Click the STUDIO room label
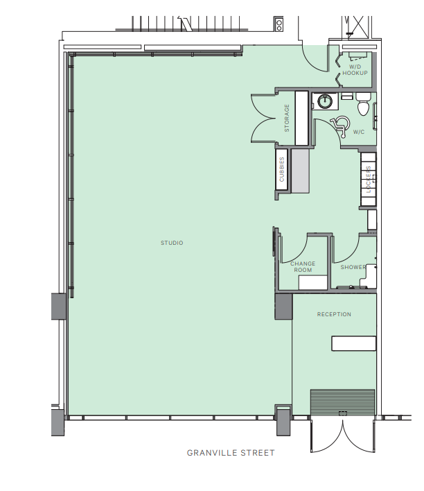[x=172, y=243]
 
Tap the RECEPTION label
[x=334, y=314]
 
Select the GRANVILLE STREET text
[x=231, y=453]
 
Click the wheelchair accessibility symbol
[x=339, y=125]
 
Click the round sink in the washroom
[x=324, y=102]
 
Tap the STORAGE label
[x=287, y=119]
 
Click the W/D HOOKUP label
[x=354, y=69]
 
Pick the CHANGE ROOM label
[x=303, y=266]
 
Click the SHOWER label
[x=353, y=267]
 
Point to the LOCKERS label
[x=369, y=179]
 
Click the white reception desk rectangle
[x=353, y=343]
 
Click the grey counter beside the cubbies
[x=300, y=171]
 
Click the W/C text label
[x=359, y=132]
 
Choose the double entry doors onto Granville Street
[x=342, y=435]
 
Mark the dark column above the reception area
[x=283, y=306]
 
